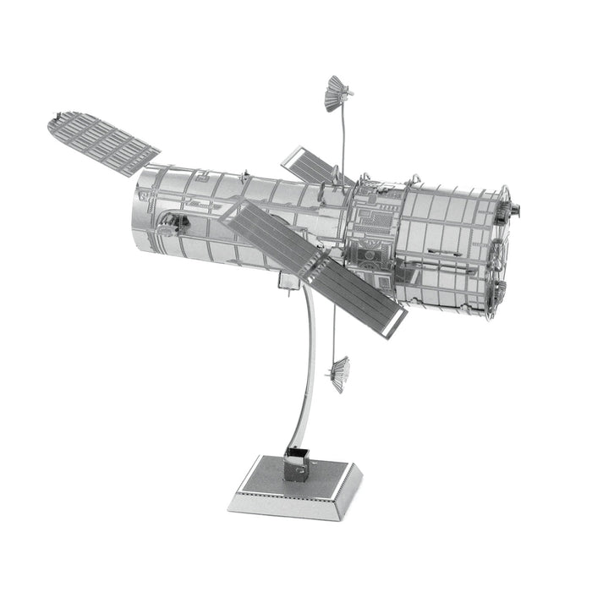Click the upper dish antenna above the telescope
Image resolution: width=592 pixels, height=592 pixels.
(x=337, y=92)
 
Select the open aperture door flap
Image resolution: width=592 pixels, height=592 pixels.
(x=101, y=140)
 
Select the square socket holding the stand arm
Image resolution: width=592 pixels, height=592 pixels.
(x=296, y=463)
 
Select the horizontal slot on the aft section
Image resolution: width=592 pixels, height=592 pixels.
(x=440, y=251)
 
